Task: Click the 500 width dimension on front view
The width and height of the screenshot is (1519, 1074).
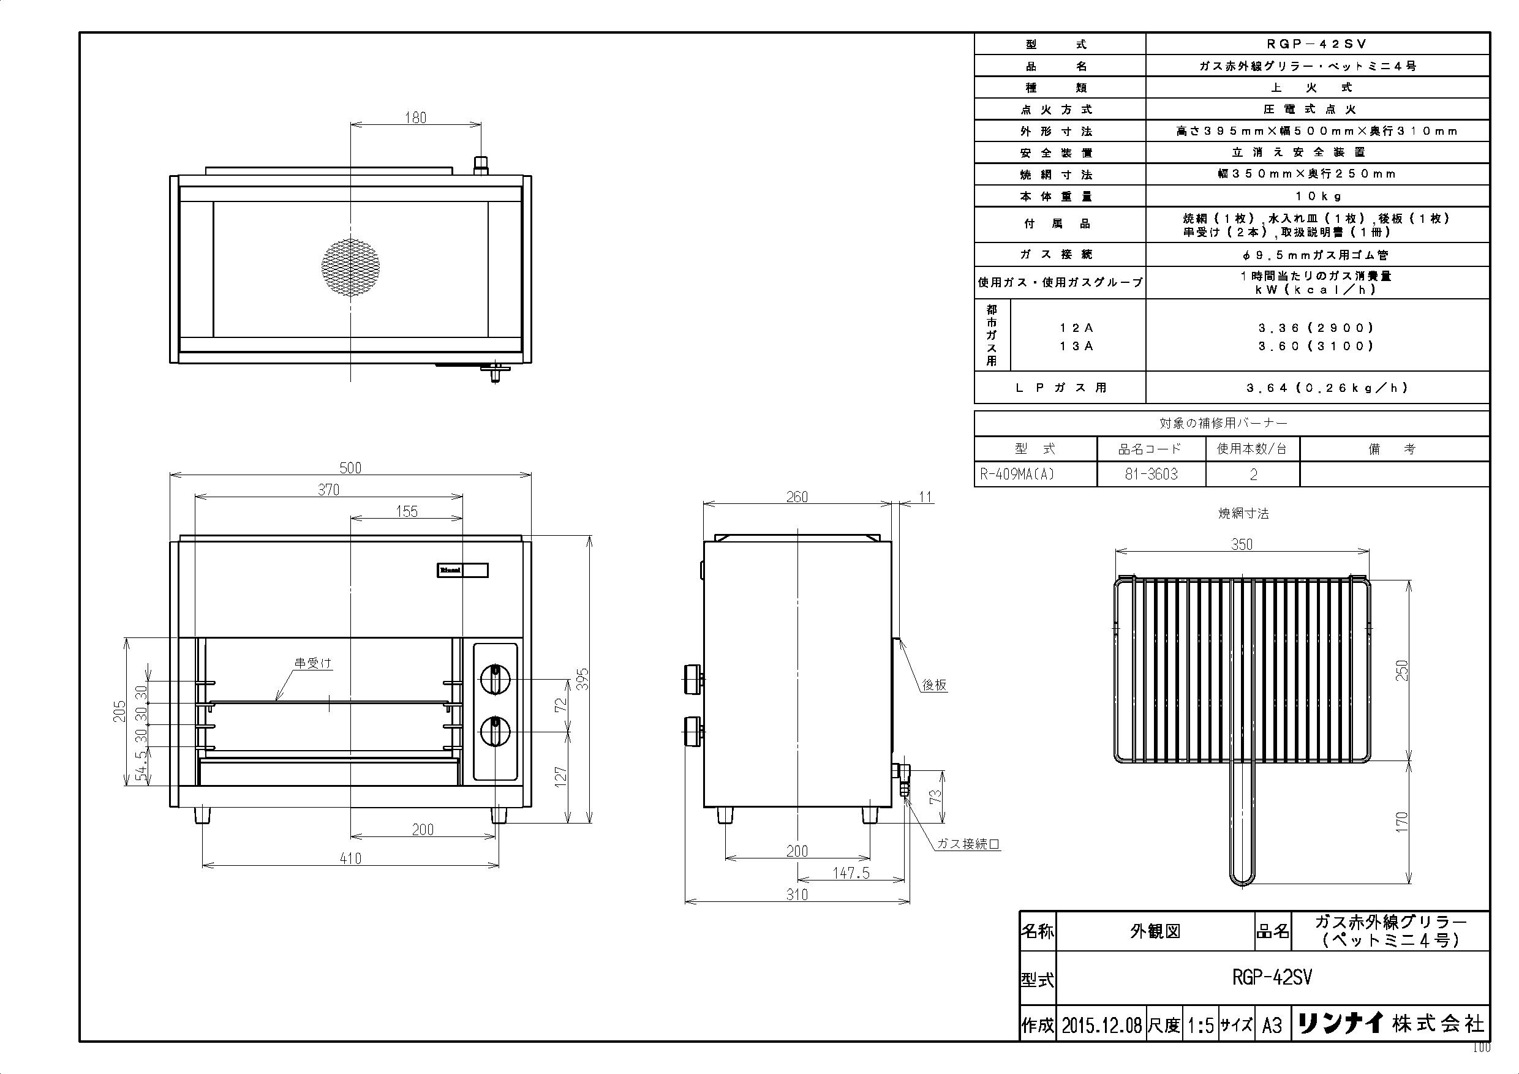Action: (350, 468)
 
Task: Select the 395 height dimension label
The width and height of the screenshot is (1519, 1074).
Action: (583, 679)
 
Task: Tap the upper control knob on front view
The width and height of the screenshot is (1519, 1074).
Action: (494, 679)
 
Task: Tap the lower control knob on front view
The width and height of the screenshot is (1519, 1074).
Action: (494, 732)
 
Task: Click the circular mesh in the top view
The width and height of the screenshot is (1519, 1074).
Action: (350, 266)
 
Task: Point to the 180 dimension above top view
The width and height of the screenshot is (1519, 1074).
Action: (415, 117)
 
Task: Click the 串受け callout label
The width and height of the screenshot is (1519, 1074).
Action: (313, 663)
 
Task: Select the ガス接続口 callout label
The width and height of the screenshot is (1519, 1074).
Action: (968, 844)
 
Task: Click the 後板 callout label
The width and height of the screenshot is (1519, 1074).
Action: (934, 685)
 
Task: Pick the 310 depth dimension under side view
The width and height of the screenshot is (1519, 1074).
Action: (797, 894)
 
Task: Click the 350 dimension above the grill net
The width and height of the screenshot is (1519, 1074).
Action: (1242, 544)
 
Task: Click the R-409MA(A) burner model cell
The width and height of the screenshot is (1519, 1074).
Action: (1017, 474)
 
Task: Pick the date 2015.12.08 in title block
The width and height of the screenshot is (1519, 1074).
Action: (1101, 1025)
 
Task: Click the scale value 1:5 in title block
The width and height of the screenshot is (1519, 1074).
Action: (1200, 1025)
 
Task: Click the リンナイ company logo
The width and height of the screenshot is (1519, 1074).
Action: (1340, 1024)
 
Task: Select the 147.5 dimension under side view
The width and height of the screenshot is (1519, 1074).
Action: (851, 873)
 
